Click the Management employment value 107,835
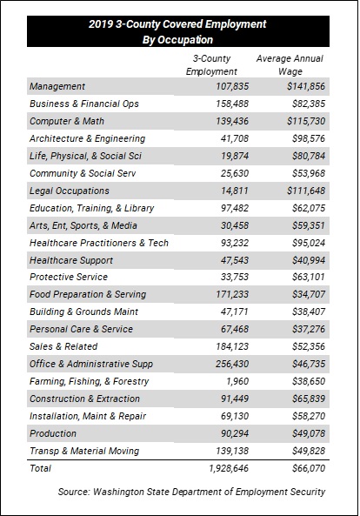point(232,86)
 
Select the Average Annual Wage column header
point(290,65)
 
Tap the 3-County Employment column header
point(211,65)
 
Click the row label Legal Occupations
point(70,191)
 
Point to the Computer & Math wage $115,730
point(306,121)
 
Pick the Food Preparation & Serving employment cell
point(232,294)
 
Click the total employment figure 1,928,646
point(229,468)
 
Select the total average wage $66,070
point(309,468)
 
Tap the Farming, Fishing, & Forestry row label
point(89,381)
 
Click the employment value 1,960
point(237,381)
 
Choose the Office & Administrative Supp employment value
point(232,364)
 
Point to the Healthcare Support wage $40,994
point(309,260)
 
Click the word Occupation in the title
point(185,40)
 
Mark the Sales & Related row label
point(63,346)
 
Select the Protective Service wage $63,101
point(309,277)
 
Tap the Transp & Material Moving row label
point(84,451)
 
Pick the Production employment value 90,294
point(235,433)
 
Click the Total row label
point(41,468)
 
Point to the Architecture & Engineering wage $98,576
point(309,138)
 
